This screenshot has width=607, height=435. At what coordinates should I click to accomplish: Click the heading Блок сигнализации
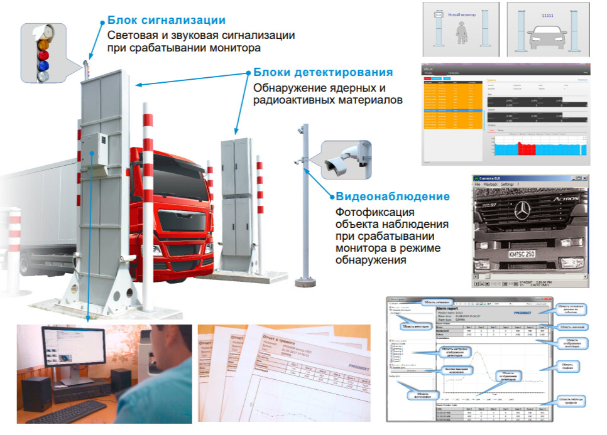point(167,21)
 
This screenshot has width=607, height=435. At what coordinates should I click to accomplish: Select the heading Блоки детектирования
point(323,72)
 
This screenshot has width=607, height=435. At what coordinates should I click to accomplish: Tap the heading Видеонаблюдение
point(393,196)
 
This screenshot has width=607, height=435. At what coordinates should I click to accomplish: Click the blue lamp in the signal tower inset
point(43,65)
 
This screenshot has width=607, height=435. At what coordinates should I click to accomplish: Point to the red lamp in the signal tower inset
point(43,55)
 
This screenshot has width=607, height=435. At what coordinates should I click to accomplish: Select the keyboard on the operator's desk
point(66,414)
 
